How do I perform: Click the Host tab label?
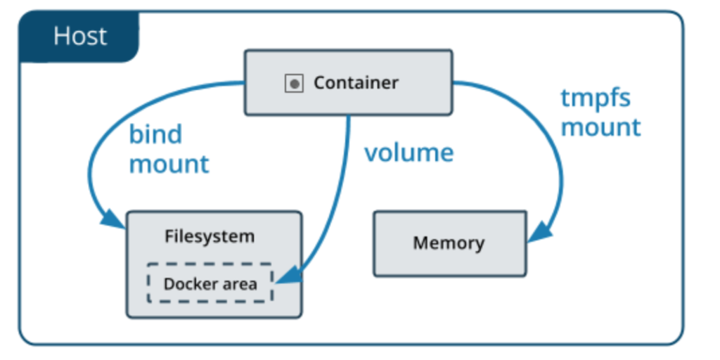pyautogui.click(x=79, y=36)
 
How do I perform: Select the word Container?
pyautogui.click(x=356, y=83)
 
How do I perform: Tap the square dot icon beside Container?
pyautogui.click(x=294, y=84)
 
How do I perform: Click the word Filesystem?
pyautogui.click(x=210, y=236)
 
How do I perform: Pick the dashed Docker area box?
pyautogui.click(x=210, y=283)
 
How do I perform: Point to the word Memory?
pyautogui.click(x=449, y=243)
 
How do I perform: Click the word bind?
pyautogui.click(x=155, y=134)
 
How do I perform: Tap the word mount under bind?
pyautogui.click(x=169, y=164)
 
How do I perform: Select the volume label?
pyautogui.click(x=409, y=153)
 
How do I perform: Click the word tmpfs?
pyautogui.click(x=596, y=98)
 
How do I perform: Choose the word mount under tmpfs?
pyautogui.click(x=600, y=127)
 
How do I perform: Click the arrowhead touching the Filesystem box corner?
pyautogui.click(x=112, y=219)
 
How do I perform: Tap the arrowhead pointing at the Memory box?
pyautogui.click(x=540, y=232)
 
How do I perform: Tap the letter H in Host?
pyautogui.click(x=62, y=36)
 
